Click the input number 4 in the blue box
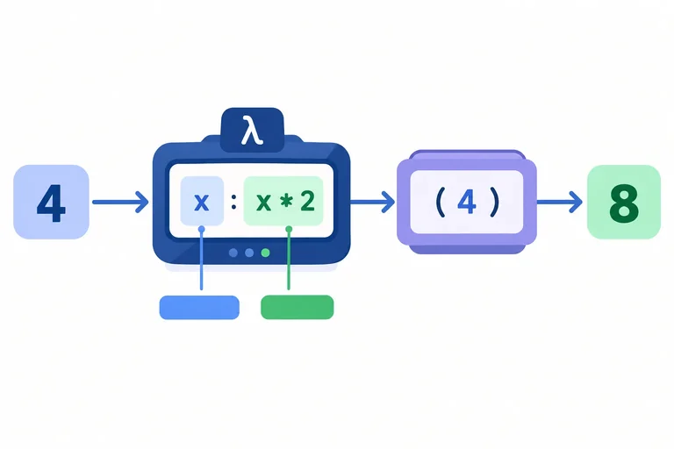pyautogui.click(x=51, y=203)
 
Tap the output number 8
pyautogui.click(x=624, y=203)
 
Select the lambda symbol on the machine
pyautogui.click(x=252, y=130)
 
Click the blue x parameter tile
pyautogui.click(x=202, y=201)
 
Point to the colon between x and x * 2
pyautogui.click(x=233, y=202)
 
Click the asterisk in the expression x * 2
pyautogui.click(x=285, y=202)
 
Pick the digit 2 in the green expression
pyautogui.click(x=307, y=201)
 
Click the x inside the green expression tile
pyautogui.click(x=263, y=202)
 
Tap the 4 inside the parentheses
pyautogui.click(x=467, y=202)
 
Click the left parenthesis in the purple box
pyautogui.click(x=441, y=202)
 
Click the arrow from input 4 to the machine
pyautogui.click(x=120, y=202)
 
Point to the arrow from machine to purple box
pyautogui.click(x=373, y=202)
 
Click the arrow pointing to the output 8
pyautogui.click(x=560, y=202)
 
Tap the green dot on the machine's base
pyautogui.click(x=266, y=253)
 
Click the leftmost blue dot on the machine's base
pyautogui.click(x=233, y=253)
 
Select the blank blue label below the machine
pyautogui.click(x=199, y=307)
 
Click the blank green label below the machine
pyautogui.click(x=297, y=307)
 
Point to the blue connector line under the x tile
pyautogui.click(x=202, y=259)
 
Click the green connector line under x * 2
pyautogui.click(x=289, y=259)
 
